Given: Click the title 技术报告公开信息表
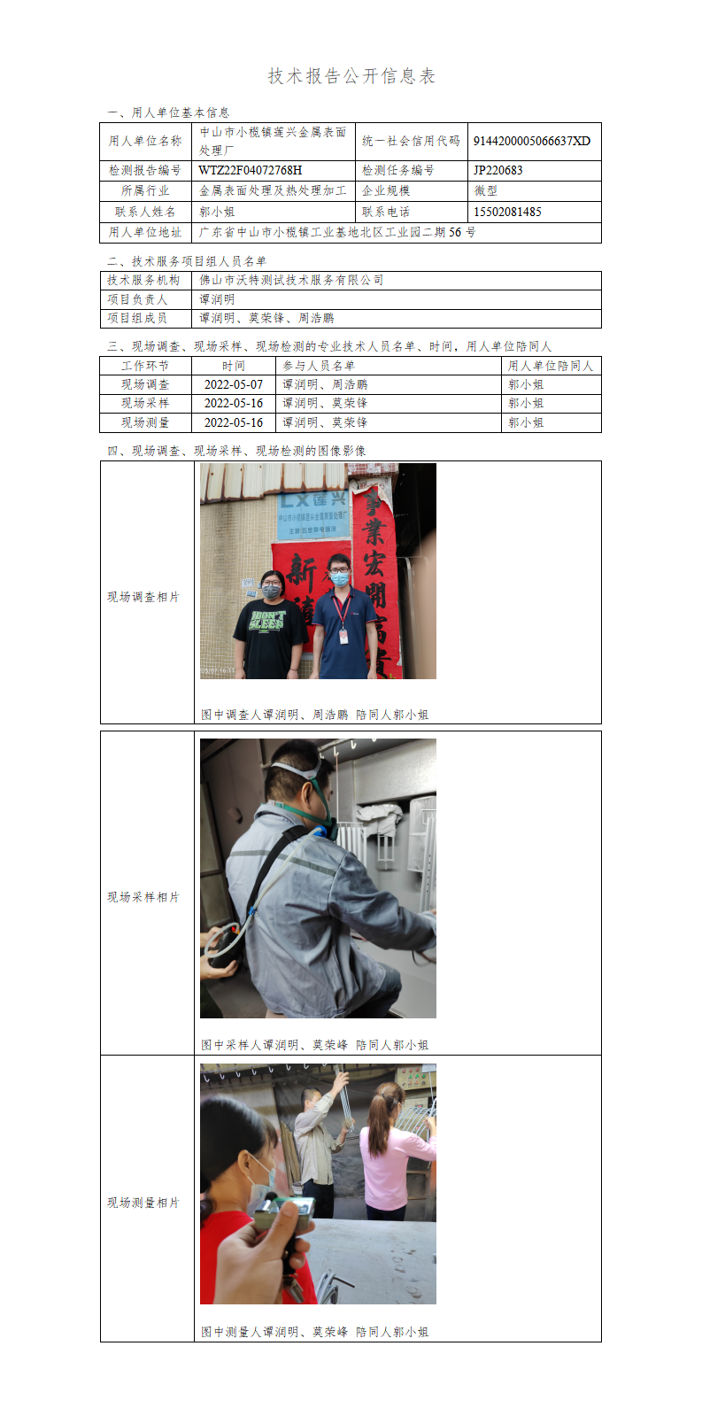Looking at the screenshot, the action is click(351, 76).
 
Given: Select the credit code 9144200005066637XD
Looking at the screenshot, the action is click(532, 141).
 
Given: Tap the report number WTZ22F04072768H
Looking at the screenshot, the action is click(251, 170).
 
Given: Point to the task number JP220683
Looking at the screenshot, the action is click(498, 170).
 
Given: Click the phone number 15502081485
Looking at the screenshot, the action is click(507, 212).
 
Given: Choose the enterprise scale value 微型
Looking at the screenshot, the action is click(486, 190).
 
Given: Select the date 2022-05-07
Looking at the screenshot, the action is click(233, 384).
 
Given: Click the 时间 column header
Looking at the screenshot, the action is click(233, 366).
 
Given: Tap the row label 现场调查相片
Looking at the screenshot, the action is click(143, 597).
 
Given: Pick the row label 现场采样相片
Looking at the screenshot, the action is click(143, 897).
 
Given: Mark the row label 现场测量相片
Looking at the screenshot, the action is click(143, 1203).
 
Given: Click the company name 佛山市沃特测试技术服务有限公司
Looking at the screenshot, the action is click(291, 281).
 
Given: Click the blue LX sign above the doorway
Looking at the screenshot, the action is click(313, 515).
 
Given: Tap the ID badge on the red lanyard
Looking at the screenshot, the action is click(343, 636).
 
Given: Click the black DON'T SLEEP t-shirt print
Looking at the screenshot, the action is click(267, 621).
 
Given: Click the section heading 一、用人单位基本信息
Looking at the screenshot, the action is click(168, 112).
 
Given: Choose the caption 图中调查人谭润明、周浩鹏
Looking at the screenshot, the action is click(274, 715).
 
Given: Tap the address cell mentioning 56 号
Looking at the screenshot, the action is click(337, 233).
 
